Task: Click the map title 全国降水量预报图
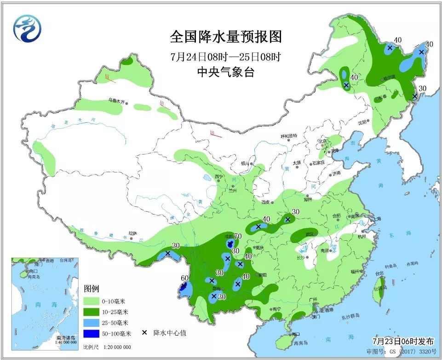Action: (x=225, y=36)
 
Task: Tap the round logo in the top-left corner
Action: (x=27, y=28)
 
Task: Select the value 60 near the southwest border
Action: (x=184, y=278)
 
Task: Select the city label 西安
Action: (x=266, y=202)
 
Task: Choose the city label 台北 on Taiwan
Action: (x=379, y=273)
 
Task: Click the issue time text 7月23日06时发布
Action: (x=402, y=342)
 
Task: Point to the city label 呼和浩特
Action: (x=289, y=136)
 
